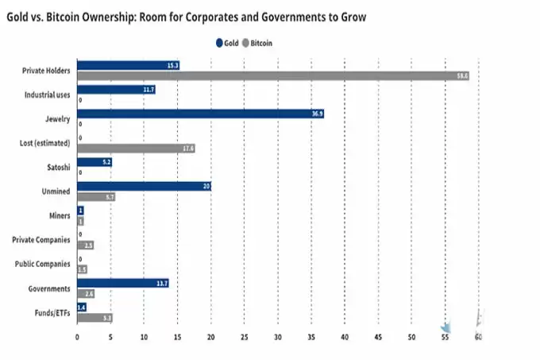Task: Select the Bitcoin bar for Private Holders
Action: click(274, 75)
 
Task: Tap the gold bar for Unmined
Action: click(144, 187)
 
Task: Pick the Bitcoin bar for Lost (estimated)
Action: click(136, 149)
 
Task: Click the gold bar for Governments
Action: click(123, 283)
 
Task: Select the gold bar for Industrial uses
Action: click(116, 91)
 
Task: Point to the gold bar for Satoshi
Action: click(94, 162)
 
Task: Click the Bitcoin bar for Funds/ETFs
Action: click(94, 318)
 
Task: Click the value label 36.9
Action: click(317, 114)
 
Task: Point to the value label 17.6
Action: click(188, 149)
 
